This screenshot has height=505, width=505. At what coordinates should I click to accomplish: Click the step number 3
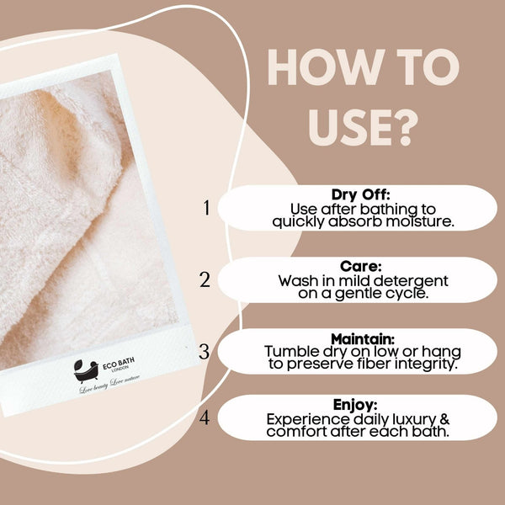pos(204,351)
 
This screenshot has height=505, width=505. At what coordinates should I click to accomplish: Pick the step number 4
pos(205,417)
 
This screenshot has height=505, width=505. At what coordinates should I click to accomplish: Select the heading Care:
pos(362,266)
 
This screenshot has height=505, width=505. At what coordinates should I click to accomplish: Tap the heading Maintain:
pos(362,338)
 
